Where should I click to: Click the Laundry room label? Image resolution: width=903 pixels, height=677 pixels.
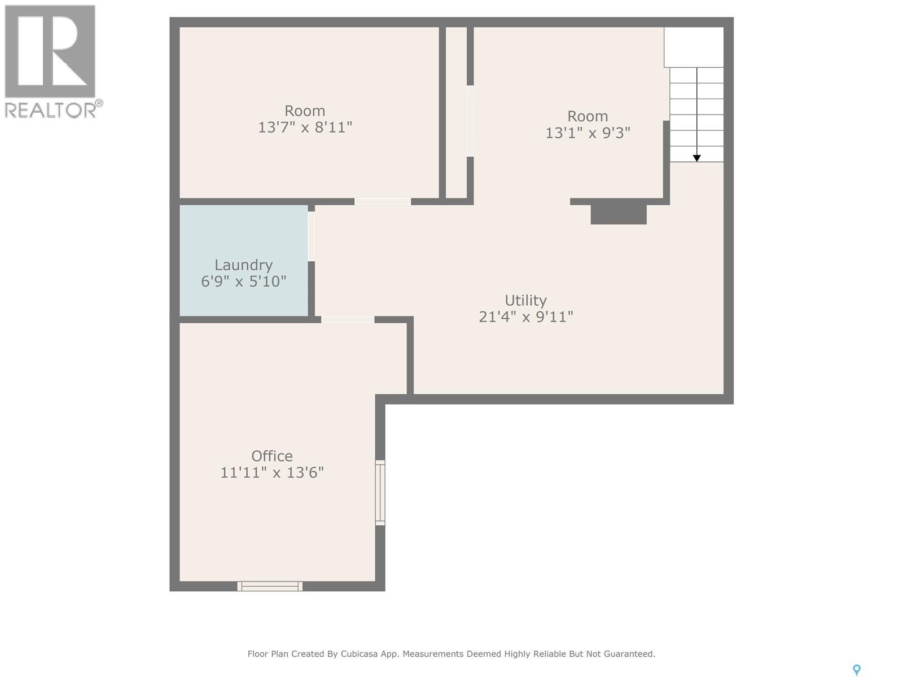[243, 265]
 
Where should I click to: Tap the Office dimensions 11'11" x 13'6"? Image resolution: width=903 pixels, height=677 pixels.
[271, 472]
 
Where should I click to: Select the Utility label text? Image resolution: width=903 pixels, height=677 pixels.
[525, 300]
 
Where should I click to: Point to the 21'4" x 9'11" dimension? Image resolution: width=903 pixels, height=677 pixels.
[525, 316]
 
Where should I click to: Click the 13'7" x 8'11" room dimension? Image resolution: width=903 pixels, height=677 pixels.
[305, 127]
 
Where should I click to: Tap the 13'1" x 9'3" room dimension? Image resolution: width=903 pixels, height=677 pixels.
[588, 133]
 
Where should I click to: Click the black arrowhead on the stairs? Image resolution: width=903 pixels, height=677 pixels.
[696, 159]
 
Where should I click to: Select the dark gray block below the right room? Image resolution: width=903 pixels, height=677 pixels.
[618, 214]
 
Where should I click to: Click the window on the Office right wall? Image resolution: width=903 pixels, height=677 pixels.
[380, 493]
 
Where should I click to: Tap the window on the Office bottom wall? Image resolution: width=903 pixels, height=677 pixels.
[270, 586]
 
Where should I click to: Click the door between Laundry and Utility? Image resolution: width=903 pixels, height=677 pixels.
[311, 236]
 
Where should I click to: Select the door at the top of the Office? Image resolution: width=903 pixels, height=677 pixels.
[347, 320]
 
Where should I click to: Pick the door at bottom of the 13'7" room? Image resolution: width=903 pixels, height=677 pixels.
[382, 201]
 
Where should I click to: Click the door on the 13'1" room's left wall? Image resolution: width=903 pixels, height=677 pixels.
[470, 121]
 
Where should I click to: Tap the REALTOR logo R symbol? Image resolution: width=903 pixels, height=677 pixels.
[50, 51]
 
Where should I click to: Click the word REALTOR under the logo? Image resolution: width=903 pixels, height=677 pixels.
[50, 109]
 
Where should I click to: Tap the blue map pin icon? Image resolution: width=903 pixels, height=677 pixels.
[856, 670]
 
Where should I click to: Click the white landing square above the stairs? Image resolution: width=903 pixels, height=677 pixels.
[694, 47]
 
